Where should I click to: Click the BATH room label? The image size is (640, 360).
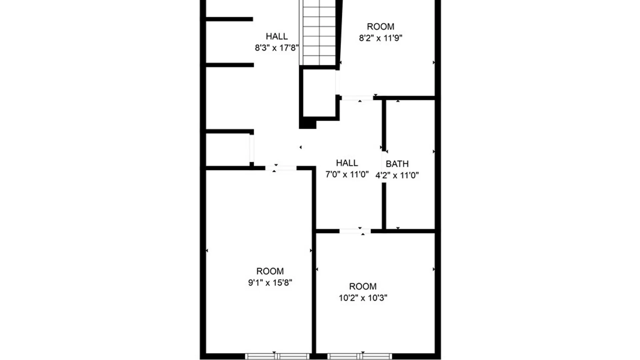tap(397, 164)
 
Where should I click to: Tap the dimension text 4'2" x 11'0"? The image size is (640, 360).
tap(397, 175)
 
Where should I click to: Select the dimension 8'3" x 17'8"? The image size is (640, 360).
tap(276, 48)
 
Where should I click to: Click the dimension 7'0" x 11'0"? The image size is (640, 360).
tap(347, 174)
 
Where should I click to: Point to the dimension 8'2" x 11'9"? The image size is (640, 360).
tap(380, 38)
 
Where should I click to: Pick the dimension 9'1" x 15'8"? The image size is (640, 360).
tap(270, 283)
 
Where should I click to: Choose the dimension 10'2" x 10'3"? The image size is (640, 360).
tap(363, 298)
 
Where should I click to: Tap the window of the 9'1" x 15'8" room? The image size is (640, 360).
tap(277, 356)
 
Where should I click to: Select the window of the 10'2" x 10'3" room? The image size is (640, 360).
tap(359, 356)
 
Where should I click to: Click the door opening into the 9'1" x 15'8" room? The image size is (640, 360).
tap(281, 168)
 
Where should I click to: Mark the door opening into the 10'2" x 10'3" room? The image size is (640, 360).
tap(355, 231)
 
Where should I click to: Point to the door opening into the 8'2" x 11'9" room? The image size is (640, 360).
tap(357, 98)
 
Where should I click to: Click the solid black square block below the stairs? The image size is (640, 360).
tap(307, 124)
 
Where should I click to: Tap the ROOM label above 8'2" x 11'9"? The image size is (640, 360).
tap(380, 27)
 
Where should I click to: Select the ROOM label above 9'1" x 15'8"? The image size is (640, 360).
tap(270, 271)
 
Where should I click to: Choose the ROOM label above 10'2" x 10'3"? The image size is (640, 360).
tap(363, 286)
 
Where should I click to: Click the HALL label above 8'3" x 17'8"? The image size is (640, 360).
tap(277, 36)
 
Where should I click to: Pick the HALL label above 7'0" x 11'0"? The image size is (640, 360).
tap(347, 163)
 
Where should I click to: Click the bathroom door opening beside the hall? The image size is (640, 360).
tap(384, 167)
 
